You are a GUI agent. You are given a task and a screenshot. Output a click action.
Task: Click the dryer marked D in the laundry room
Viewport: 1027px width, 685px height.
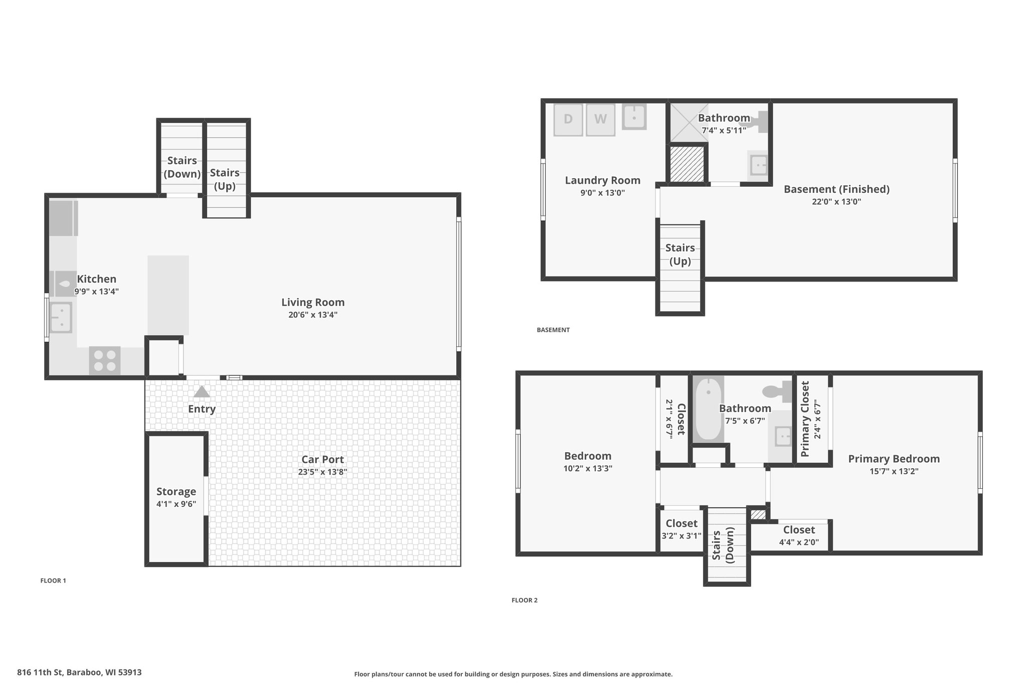[568, 119]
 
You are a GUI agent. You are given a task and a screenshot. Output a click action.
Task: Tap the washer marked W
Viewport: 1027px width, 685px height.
[600, 119]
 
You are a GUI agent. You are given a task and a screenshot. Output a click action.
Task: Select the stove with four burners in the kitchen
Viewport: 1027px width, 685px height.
[105, 361]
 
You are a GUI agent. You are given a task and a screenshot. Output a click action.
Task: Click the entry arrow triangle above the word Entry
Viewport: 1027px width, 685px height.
[202, 391]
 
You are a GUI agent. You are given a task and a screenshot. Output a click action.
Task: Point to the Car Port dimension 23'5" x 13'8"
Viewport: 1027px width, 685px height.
[322, 472]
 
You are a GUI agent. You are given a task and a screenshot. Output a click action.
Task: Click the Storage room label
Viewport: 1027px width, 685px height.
[176, 492]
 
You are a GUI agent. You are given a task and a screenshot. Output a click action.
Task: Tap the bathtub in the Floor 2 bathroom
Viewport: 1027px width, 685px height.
[709, 409]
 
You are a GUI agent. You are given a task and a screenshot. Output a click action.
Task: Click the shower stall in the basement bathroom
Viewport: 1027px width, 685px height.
[690, 122]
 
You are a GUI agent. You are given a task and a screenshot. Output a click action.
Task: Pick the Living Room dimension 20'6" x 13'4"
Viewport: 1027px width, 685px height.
[313, 315]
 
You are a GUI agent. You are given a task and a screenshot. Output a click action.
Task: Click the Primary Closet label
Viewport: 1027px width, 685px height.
[805, 419]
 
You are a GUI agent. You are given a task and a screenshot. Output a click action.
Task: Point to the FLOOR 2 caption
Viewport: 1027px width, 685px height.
[525, 600]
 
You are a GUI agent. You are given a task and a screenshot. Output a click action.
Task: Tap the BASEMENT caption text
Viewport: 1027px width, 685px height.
[553, 330]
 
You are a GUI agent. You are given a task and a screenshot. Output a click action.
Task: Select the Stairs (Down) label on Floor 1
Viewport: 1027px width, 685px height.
[182, 167]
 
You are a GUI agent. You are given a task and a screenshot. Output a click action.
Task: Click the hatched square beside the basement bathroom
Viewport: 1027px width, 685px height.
[687, 164]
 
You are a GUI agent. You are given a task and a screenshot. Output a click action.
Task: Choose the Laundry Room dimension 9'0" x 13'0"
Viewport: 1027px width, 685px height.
[602, 193]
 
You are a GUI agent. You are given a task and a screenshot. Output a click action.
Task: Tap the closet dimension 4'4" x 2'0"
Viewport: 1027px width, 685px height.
[799, 542]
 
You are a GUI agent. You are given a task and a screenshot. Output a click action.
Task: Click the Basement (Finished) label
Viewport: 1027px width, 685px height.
[836, 189]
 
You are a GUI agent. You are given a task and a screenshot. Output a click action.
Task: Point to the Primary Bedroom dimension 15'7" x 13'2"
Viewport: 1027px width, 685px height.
[894, 471]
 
